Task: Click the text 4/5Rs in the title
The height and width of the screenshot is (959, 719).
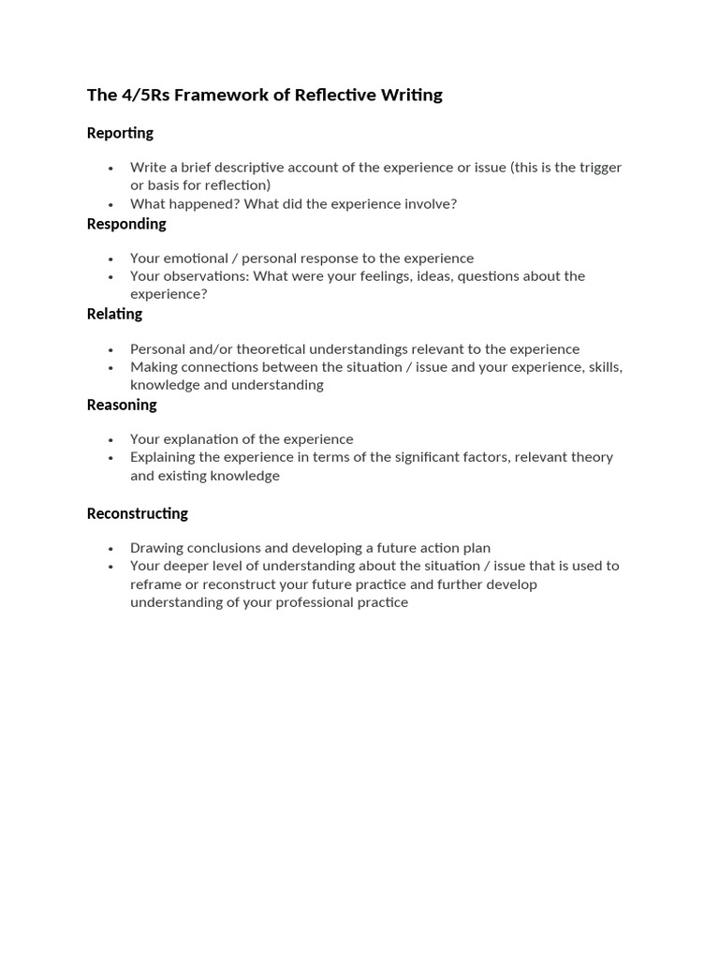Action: (x=141, y=95)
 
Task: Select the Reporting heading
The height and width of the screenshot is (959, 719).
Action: (x=120, y=133)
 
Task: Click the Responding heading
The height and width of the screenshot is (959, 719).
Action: (x=126, y=224)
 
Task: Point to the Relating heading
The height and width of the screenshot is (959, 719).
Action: (x=114, y=314)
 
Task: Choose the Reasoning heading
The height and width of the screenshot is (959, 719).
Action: (x=122, y=405)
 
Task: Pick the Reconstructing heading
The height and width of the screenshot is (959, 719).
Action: (x=137, y=513)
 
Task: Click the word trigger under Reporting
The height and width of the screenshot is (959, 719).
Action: (x=599, y=168)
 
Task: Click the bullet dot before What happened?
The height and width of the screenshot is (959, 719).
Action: (x=110, y=204)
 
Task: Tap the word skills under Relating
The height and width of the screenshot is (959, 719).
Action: (x=604, y=367)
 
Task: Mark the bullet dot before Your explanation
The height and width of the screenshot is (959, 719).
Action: (x=110, y=439)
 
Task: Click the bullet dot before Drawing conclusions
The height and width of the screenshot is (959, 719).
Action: (x=110, y=548)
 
